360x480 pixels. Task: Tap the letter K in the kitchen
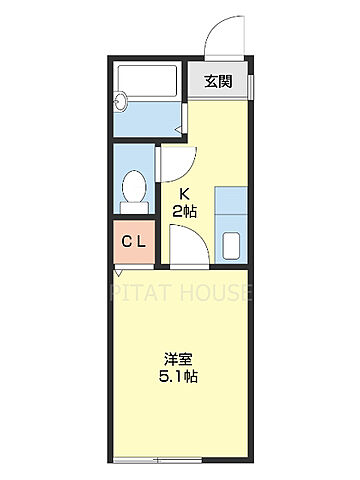click(185, 192)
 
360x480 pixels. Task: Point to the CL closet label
click(134, 242)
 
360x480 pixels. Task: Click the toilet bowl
click(132, 187)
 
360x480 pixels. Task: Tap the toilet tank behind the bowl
click(132, 207)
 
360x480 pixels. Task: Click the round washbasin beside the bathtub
click(122, 100)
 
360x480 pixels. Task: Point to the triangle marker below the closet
click(119, 271)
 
